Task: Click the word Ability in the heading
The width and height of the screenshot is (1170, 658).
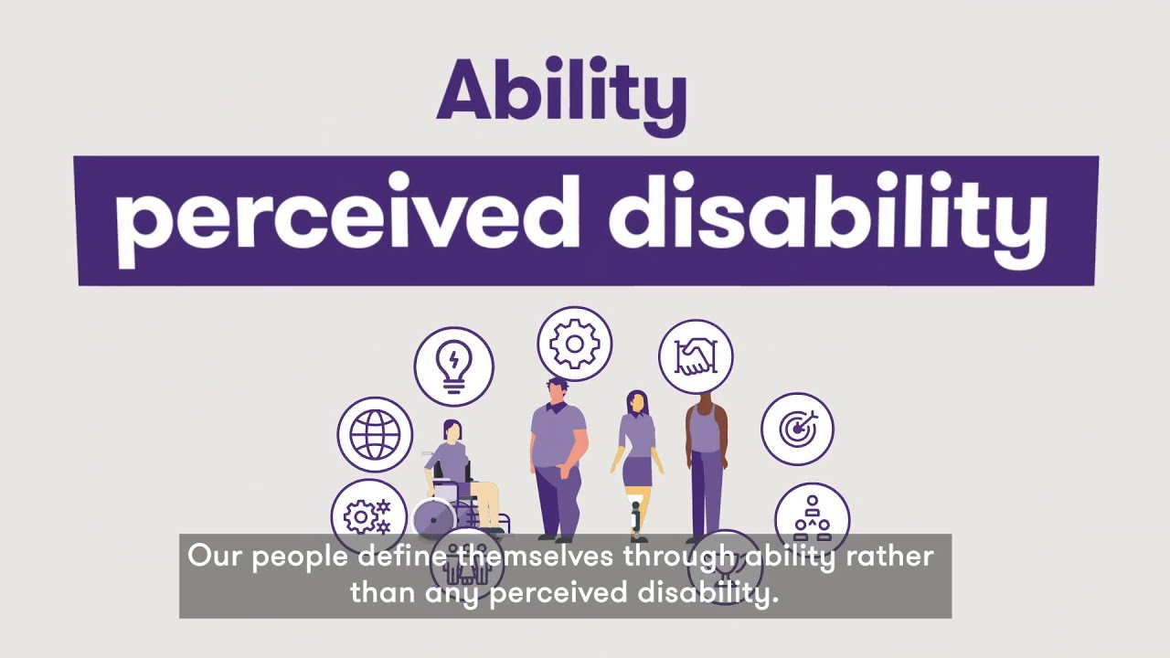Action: coord(560,93)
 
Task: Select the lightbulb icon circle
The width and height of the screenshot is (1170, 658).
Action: coord(454,366)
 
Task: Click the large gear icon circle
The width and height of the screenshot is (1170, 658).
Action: coord(575,345)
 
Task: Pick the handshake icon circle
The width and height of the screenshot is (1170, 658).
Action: coord(696,356)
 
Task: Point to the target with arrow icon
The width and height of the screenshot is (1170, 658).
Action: coord(797,429)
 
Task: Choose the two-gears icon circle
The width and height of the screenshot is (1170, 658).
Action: coord(368,516)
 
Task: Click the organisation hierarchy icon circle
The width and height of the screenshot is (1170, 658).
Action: coord(812,518)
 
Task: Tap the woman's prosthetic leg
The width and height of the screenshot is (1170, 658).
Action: coord(636,516)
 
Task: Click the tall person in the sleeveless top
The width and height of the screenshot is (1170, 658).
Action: coord(706,457)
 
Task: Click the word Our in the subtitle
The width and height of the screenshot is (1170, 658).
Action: coord(215,556)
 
